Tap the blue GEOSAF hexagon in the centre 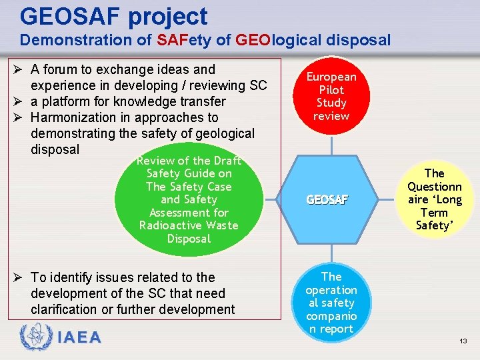point(327,199)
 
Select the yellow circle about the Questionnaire point(434,199)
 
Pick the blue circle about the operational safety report point(331,302)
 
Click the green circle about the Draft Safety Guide point(189,199)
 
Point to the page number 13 point(463,341)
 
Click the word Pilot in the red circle point(331,90)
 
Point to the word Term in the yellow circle point(434,213)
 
